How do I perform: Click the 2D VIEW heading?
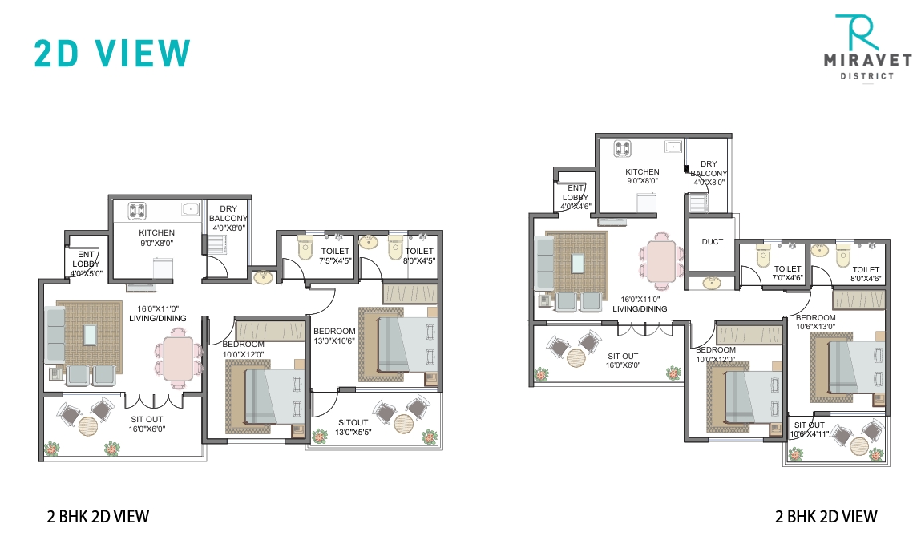pos(112,53)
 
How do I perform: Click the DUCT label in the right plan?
pos(712,241)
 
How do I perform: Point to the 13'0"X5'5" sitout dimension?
pos(353,433)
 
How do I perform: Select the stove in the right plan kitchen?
pos(623,148)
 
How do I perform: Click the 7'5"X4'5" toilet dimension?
pos(336,260)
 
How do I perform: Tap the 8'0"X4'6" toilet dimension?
pos(866,280)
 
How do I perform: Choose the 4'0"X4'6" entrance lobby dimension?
pos(576,207)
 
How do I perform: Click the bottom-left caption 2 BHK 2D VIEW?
pos(98,516)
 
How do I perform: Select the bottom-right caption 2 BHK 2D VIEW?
pos(826,516)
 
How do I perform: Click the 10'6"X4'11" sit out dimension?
pos(808,434)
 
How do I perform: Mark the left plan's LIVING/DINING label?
pos(158,318)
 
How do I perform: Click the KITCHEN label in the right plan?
pos(642,171)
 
